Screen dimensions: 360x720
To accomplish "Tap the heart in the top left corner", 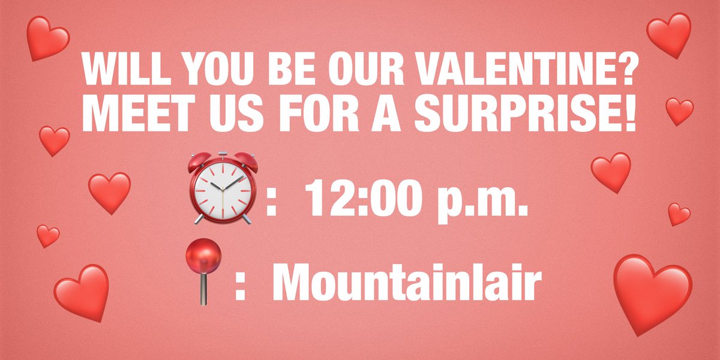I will pos(47,37).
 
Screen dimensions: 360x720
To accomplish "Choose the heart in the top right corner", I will pos(670,34).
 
